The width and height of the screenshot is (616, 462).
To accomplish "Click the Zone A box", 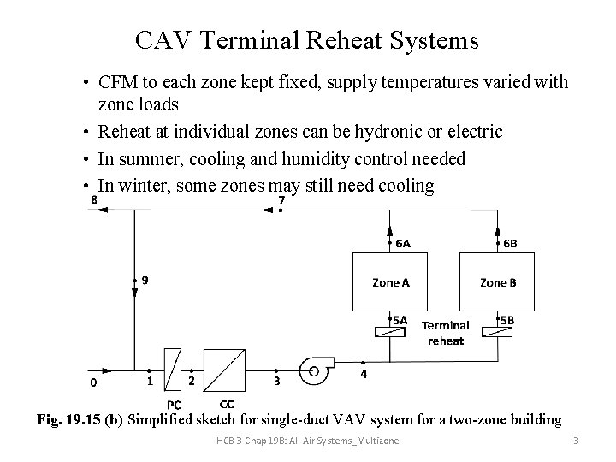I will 391,281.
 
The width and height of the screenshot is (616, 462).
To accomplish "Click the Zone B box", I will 498,281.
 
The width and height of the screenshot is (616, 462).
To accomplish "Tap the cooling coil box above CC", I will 227,370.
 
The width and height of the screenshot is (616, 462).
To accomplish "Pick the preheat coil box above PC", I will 173,370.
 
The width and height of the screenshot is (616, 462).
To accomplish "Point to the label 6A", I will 403,243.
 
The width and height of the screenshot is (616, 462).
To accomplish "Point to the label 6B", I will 510,243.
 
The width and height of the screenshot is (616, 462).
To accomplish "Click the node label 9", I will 145,280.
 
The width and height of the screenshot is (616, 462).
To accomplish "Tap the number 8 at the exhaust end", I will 93,200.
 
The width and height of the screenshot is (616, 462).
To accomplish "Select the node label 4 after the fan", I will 364,374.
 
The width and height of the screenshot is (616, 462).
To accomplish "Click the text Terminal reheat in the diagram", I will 445,333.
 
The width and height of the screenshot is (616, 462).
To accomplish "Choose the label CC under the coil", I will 227,403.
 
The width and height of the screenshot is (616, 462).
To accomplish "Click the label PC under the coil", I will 173,405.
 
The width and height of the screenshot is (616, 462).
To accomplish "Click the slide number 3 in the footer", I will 576,441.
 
